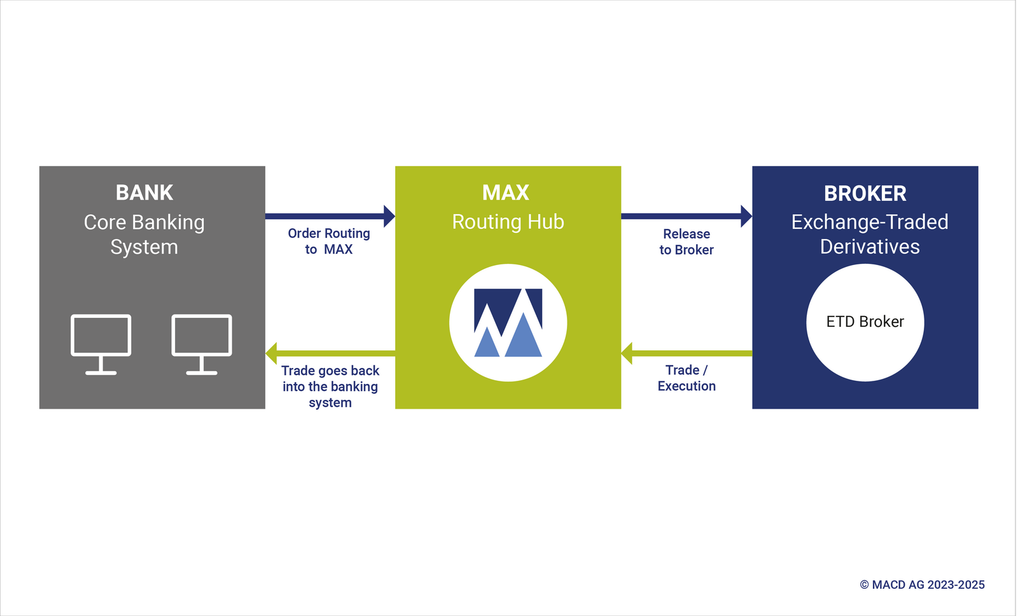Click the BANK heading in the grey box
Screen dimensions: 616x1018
144,193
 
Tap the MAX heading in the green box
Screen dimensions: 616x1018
506,193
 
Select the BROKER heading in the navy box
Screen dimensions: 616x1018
865,193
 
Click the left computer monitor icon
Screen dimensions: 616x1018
101,344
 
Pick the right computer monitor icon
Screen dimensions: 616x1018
202,344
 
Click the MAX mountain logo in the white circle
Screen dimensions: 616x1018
508,322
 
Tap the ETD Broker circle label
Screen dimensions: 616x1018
865,322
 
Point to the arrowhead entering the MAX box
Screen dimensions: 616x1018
389,216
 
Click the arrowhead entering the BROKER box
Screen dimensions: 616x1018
746,216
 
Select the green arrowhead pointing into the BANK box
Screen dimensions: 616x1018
272,353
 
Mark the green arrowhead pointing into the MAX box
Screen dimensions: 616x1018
627,353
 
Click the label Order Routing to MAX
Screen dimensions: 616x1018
329,242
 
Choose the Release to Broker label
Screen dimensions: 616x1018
687,242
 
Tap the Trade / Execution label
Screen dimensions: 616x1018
687,378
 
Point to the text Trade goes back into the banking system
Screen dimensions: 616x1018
330,387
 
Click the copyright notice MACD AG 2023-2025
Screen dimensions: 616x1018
922,585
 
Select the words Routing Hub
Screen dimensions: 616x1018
508,222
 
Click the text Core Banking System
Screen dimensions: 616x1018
144,235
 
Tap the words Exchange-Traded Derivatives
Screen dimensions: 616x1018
870,234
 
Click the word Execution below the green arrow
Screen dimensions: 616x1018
687,387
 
